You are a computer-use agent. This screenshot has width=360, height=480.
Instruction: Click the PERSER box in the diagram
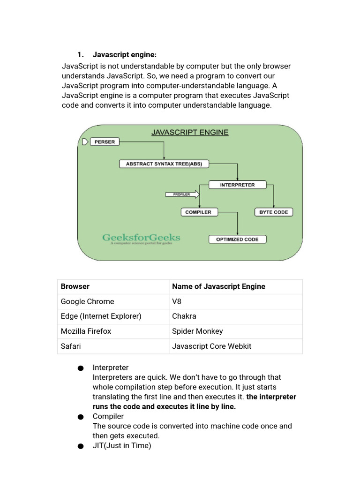[105, 142]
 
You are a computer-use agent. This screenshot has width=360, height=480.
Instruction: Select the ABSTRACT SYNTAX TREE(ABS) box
[164, 164]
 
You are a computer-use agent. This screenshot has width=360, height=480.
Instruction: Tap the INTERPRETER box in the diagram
[237, 185]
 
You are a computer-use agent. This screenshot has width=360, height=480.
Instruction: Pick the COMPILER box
[198, 212]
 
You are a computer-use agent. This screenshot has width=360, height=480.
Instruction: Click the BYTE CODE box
[274, 212]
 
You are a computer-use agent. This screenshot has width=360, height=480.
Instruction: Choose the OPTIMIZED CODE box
[237, 239]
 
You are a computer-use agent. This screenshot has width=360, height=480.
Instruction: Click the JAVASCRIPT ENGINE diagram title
[190, 132]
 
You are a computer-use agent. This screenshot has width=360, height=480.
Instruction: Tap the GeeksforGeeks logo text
[141, 238]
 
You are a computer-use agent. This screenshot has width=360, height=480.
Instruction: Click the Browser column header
[75, 286]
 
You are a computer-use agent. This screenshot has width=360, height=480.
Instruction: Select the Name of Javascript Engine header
[218, 286]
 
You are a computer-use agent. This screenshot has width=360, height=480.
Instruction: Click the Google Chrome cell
[88, 301]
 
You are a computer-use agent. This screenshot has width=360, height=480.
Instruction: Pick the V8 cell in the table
[177, 301]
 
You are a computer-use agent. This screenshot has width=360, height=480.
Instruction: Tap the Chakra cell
[184, 316]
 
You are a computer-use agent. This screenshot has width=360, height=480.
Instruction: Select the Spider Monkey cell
[197, 331]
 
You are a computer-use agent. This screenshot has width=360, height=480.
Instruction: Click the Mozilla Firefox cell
[86, 331]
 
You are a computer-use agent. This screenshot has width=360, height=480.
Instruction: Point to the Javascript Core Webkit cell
[212, 346]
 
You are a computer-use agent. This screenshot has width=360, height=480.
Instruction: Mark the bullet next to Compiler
[81, 417]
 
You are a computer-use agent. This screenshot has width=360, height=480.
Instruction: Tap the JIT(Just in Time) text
[122, 446]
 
